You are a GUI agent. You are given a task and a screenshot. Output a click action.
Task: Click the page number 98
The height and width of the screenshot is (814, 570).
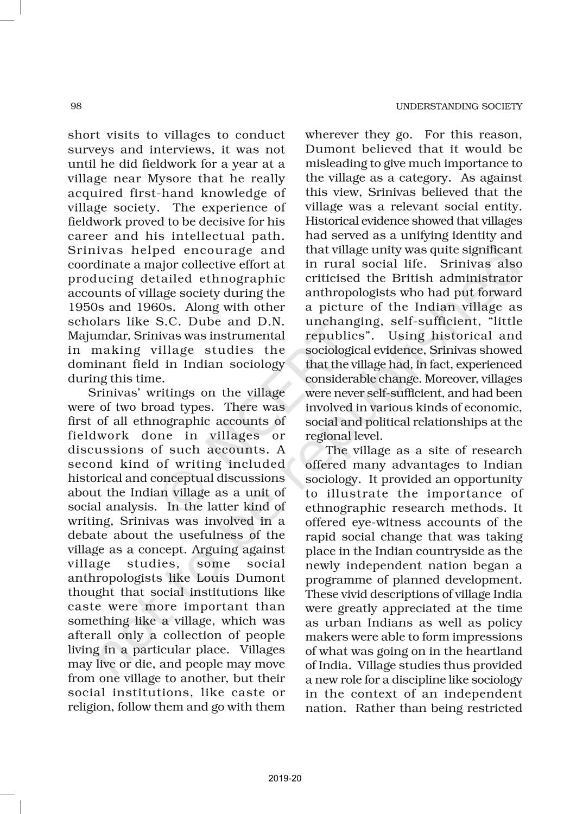(x=76, y=106)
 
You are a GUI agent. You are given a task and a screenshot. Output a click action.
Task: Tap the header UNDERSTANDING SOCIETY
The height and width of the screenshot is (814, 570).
(x=459, y=106)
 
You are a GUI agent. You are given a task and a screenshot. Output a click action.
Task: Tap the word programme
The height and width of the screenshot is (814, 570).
(x=338, y=580)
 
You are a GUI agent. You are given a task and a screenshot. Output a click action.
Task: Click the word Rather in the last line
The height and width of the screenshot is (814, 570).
(x=374, y=708)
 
